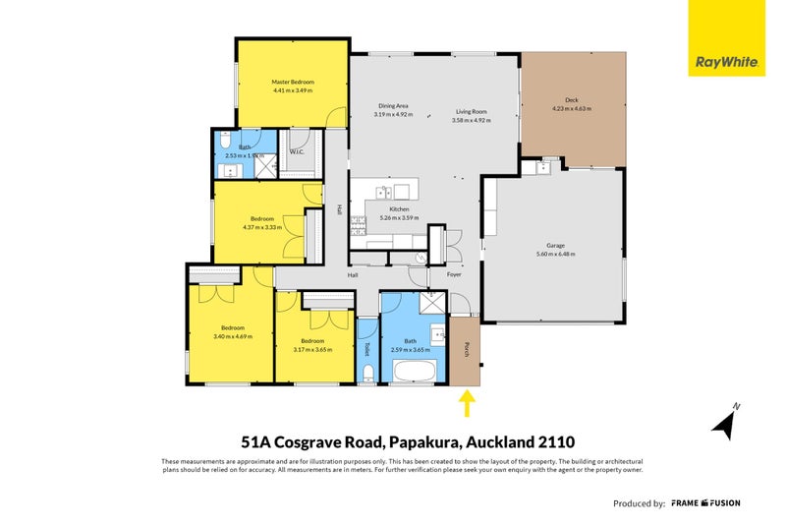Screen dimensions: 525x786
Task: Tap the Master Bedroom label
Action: pos(292,82)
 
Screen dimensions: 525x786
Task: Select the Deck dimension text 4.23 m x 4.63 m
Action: pos(573,109)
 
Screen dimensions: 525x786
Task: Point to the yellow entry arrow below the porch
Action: pos(467,403)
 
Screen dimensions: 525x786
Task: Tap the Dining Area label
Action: pos(393,106)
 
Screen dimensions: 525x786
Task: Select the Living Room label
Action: pos(472,111)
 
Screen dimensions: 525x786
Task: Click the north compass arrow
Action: pos(728,422)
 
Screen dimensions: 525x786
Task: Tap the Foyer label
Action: pos(454,274)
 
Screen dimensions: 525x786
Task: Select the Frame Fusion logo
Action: pos(706,502)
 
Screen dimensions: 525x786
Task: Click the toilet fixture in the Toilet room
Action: pos(367,372)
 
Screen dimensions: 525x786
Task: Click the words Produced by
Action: pos(639,503)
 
